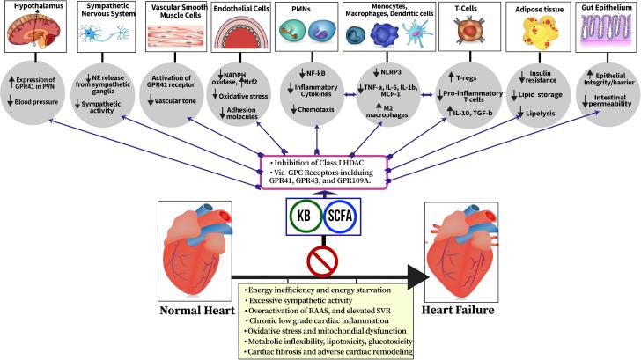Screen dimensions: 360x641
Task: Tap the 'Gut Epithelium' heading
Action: [x=608, y=9]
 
